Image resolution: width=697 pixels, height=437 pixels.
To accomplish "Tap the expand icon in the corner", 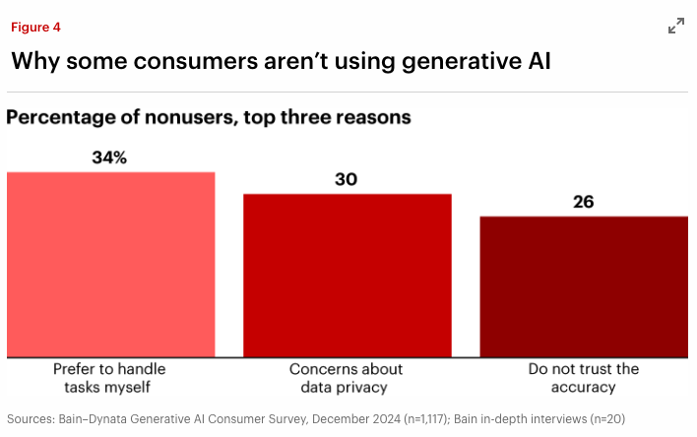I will coord(676,27).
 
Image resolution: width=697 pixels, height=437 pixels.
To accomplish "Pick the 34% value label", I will coord(110,157).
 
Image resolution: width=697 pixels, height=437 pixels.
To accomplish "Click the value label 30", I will coord(346,179).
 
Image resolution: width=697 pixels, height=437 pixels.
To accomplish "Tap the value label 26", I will coord(583,202).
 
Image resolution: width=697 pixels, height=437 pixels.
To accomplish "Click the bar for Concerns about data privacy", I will coord(347,275).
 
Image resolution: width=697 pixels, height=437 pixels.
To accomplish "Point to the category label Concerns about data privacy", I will coord(346,378).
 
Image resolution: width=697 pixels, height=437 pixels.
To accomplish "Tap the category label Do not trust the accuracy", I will coord(583,378).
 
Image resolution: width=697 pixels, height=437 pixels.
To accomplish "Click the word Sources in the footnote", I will coord(31,418).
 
